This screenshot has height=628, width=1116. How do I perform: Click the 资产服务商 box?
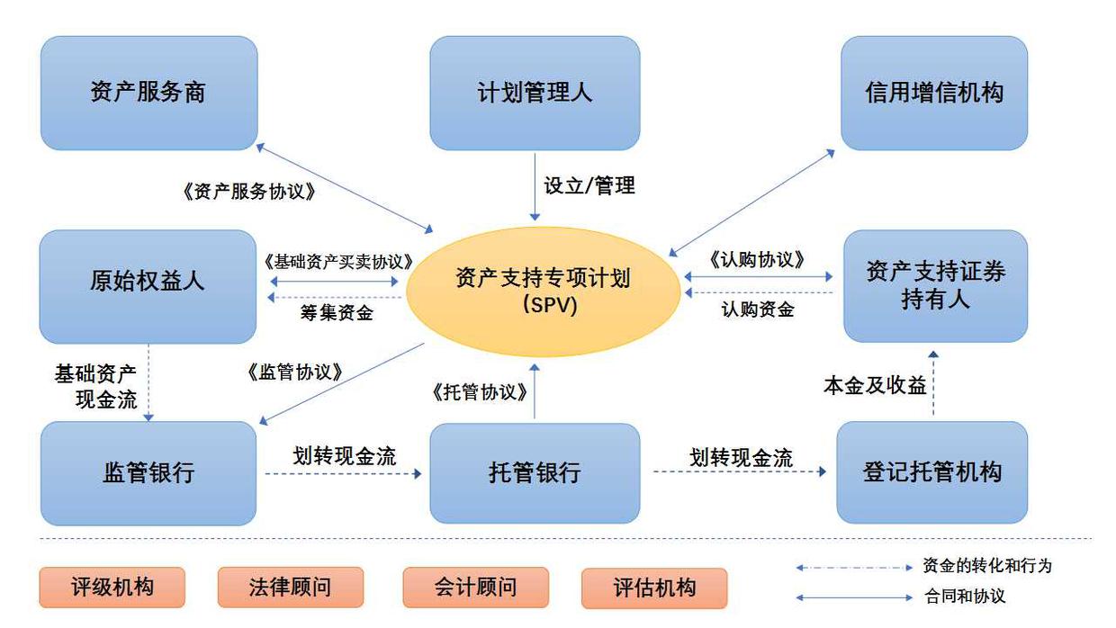[148, 92]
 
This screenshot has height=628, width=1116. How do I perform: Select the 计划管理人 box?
[535, 92]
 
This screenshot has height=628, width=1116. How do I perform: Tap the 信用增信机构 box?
[934, 92]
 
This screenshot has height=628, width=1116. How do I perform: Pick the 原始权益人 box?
[148, 281]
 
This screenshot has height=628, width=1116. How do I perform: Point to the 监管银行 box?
[148, 472]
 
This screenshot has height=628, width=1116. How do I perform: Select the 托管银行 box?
[535, 472]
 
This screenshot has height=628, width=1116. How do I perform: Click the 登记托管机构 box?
[932, 472]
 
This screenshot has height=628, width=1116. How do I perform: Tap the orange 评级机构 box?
[112, 588]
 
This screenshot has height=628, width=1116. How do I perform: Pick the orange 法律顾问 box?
[290, 588]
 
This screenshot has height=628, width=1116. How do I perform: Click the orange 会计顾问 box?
[475, 588]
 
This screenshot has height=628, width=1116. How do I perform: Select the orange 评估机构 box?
[654, 588]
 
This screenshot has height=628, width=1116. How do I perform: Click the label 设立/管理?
[589, 186]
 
